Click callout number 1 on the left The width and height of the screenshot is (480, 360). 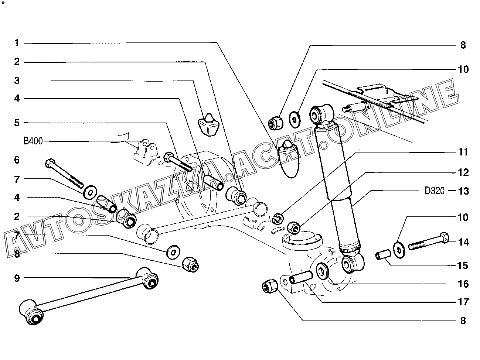[x=17, y=43]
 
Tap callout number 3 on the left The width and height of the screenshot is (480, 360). [x=17, y=80]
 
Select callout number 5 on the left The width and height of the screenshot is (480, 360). [x=17, y=122]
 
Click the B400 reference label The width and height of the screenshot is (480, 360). [x=33, y=141]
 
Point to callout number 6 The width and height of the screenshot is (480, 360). [x=17, y=160]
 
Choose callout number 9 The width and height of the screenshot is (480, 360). [x=17, y=278]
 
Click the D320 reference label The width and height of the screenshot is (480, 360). [x=435, y=191]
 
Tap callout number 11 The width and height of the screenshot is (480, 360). [x=463, y=152]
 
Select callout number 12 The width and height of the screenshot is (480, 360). [x=463, y=172]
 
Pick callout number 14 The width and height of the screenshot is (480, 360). [x=463, y=242]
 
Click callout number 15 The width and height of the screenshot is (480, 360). [x=463, y=266]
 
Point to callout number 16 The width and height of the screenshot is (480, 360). [x=463, y=284]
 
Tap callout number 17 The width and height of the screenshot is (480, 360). [x=463, y=302]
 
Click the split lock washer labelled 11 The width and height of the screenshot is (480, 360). [x=277, y=219]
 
